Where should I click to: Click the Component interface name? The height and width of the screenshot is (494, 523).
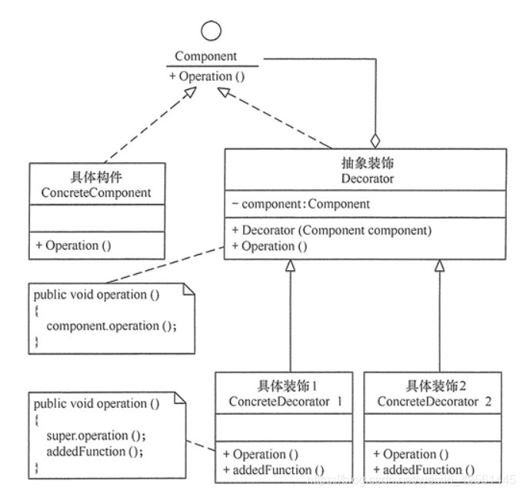tap(206, 56)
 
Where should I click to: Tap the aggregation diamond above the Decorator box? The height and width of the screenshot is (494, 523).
tap(375, 141)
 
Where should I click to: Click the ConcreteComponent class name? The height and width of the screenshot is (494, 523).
tap(98, 192)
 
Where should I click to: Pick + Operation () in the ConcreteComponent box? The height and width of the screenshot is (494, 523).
tap(74, 245)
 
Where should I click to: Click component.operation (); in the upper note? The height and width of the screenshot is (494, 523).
tap(112, 325)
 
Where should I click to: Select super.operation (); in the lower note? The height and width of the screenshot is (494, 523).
tap(91, 436)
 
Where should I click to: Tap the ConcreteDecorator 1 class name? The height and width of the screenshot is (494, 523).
tap(284, 402)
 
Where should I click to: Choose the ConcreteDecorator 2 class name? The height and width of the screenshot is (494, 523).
tap(433, 402)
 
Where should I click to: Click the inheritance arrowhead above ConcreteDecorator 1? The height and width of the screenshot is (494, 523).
tap(291, 265)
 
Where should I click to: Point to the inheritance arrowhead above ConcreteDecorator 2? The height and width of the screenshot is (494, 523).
tap(439, 265)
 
